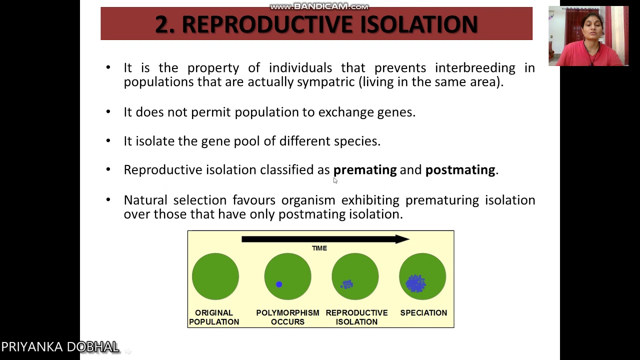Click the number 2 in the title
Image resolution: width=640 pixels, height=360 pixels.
tap(161, 24)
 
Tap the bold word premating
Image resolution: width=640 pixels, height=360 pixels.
tap(364, 170)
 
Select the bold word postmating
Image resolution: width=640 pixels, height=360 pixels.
tap(460, 170)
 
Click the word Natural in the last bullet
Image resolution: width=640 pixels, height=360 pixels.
tap(145, 200)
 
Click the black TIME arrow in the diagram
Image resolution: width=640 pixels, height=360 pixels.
tap(325, 239)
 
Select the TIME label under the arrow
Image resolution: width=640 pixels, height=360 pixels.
tap(319, 248)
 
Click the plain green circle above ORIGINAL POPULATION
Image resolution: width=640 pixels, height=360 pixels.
tap(215, 276)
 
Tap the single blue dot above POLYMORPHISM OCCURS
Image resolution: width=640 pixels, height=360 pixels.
tap(279, 284)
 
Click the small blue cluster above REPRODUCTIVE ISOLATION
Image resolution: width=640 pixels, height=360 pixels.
tap(347, 284)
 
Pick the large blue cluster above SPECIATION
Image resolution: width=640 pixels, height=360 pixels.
tap(415, 283)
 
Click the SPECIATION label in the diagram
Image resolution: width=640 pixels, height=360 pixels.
tap(423, 313)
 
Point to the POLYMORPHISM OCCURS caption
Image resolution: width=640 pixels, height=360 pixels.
tap(287, 317)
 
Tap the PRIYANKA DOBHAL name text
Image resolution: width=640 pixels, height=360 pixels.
tap(60, 347)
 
